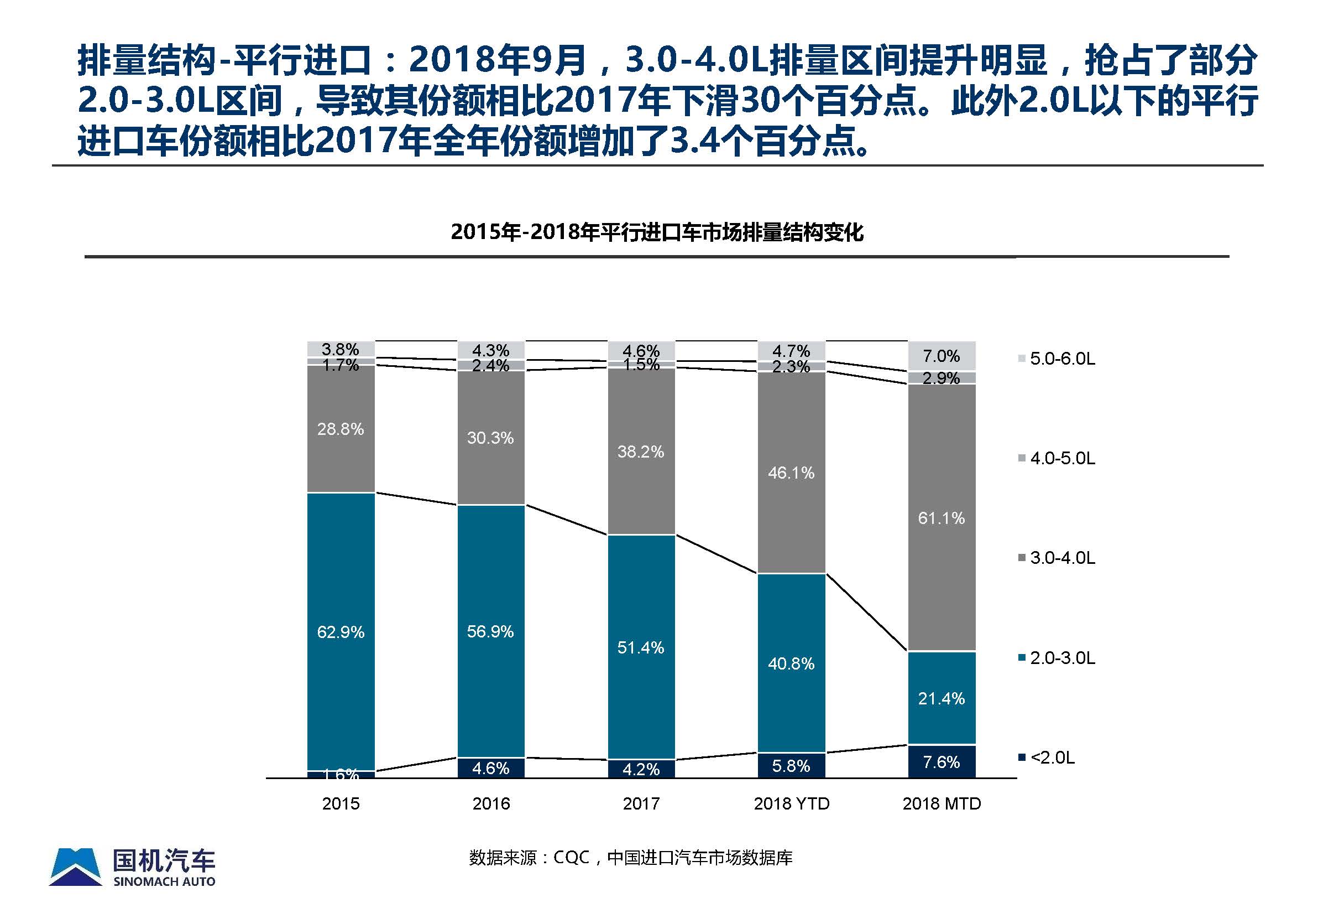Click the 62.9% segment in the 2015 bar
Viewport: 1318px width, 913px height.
click(341, 631)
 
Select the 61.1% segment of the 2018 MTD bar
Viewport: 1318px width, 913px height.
click(942, 518)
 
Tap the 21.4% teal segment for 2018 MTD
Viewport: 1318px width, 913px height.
click(942, 698)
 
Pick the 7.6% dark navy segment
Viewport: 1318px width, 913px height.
click(942, 762)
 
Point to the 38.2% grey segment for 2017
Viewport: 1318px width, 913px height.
click(641, 452)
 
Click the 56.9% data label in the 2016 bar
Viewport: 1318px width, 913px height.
click(490, 631)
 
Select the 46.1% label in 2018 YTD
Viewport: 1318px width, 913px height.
click(791, 473)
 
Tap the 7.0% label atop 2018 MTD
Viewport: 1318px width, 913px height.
click(942, 356)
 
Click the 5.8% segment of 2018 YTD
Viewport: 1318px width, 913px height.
click(791, 765)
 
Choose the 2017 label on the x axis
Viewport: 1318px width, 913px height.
click(641, 804)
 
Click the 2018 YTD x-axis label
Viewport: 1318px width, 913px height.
click(792, 804)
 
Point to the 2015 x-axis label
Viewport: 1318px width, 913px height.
click(341, 804)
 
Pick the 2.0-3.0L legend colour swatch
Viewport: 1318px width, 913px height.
click(1022, 658)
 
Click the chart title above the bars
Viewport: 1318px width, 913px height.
click(657, 232)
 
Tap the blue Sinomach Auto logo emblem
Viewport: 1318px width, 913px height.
click(76, 867)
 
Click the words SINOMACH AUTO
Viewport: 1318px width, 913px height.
click(165, 881)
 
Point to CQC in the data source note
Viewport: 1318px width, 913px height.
click(572, 858)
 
